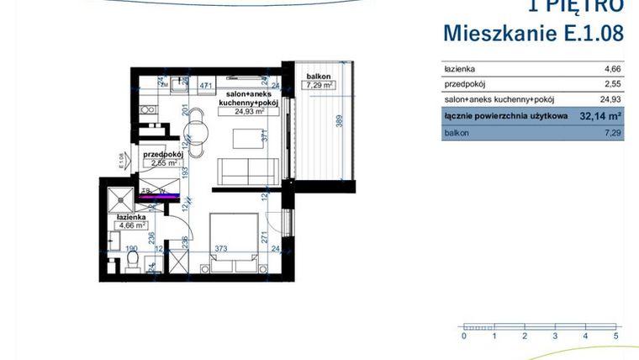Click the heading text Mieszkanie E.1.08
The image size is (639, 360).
(x=533, y=34)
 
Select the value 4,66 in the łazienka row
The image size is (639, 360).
(x=614, y=69)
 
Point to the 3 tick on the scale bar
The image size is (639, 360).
(x=555, y=336)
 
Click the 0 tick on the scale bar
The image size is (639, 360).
(x=463, y=336)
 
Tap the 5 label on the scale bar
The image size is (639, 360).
(x=616, y=336)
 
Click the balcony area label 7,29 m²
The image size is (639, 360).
(x=319, y=86)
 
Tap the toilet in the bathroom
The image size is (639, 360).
(x=132, y=263)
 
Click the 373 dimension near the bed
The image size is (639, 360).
(x=220, y=249)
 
